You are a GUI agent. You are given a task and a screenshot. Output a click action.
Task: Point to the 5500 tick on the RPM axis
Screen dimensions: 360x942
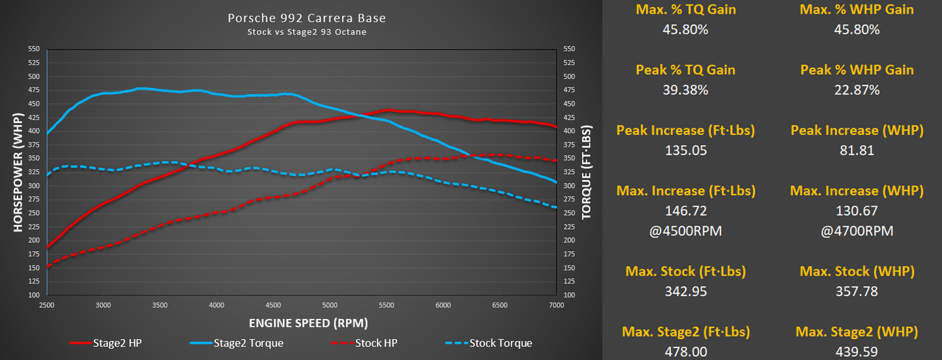coord(387,305)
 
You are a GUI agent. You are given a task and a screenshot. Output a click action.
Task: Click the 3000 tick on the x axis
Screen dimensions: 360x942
coord(104,305)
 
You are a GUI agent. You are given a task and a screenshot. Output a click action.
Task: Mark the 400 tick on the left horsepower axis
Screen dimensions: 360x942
coord(33,131)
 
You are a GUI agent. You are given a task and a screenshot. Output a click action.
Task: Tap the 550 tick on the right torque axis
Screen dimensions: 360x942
coord(569,49)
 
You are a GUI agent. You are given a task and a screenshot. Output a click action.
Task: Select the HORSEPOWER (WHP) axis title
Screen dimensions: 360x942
coord(17,172)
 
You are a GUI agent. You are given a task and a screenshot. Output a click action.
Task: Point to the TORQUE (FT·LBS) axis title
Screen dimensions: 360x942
coord(586,172)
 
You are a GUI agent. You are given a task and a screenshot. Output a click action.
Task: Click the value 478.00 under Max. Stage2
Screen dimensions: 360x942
coord(685,352)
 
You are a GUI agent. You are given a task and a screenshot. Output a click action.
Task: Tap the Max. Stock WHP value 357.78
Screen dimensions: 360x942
coord(857,291)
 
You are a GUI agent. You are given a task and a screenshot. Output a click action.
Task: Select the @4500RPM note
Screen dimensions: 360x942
coord(685,231)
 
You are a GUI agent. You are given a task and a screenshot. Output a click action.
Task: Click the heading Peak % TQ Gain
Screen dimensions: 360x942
coord(685,70)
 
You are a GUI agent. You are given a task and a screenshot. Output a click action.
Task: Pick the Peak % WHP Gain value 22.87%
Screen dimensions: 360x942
coord(857,90)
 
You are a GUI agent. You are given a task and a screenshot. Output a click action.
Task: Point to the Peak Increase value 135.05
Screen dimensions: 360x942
coord(685,151)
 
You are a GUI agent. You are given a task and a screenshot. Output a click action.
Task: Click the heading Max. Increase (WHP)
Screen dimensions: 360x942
coord(857,191)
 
